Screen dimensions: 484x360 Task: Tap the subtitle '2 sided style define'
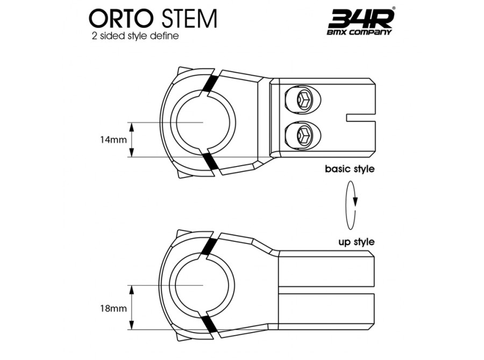(x=135, y=36)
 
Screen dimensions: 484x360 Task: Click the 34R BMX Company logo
(x=361, y=21)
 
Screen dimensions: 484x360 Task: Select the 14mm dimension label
(x=113, y=140)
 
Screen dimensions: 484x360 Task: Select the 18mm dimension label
(x=113, y=308)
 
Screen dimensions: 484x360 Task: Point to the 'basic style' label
(x=350, y=169)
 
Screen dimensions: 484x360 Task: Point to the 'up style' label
(x=357, y=242)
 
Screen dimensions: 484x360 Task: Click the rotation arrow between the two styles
(x=351, y=205)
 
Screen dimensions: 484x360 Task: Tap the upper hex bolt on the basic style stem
(x=304, y=99)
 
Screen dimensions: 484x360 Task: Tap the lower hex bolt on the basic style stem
(x=304, y=134)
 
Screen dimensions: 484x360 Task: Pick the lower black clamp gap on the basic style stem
(x=210, y=161)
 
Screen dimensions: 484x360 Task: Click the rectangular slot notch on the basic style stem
(x=360, y=118)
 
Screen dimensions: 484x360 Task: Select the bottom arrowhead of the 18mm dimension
(x=132, y=325)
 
